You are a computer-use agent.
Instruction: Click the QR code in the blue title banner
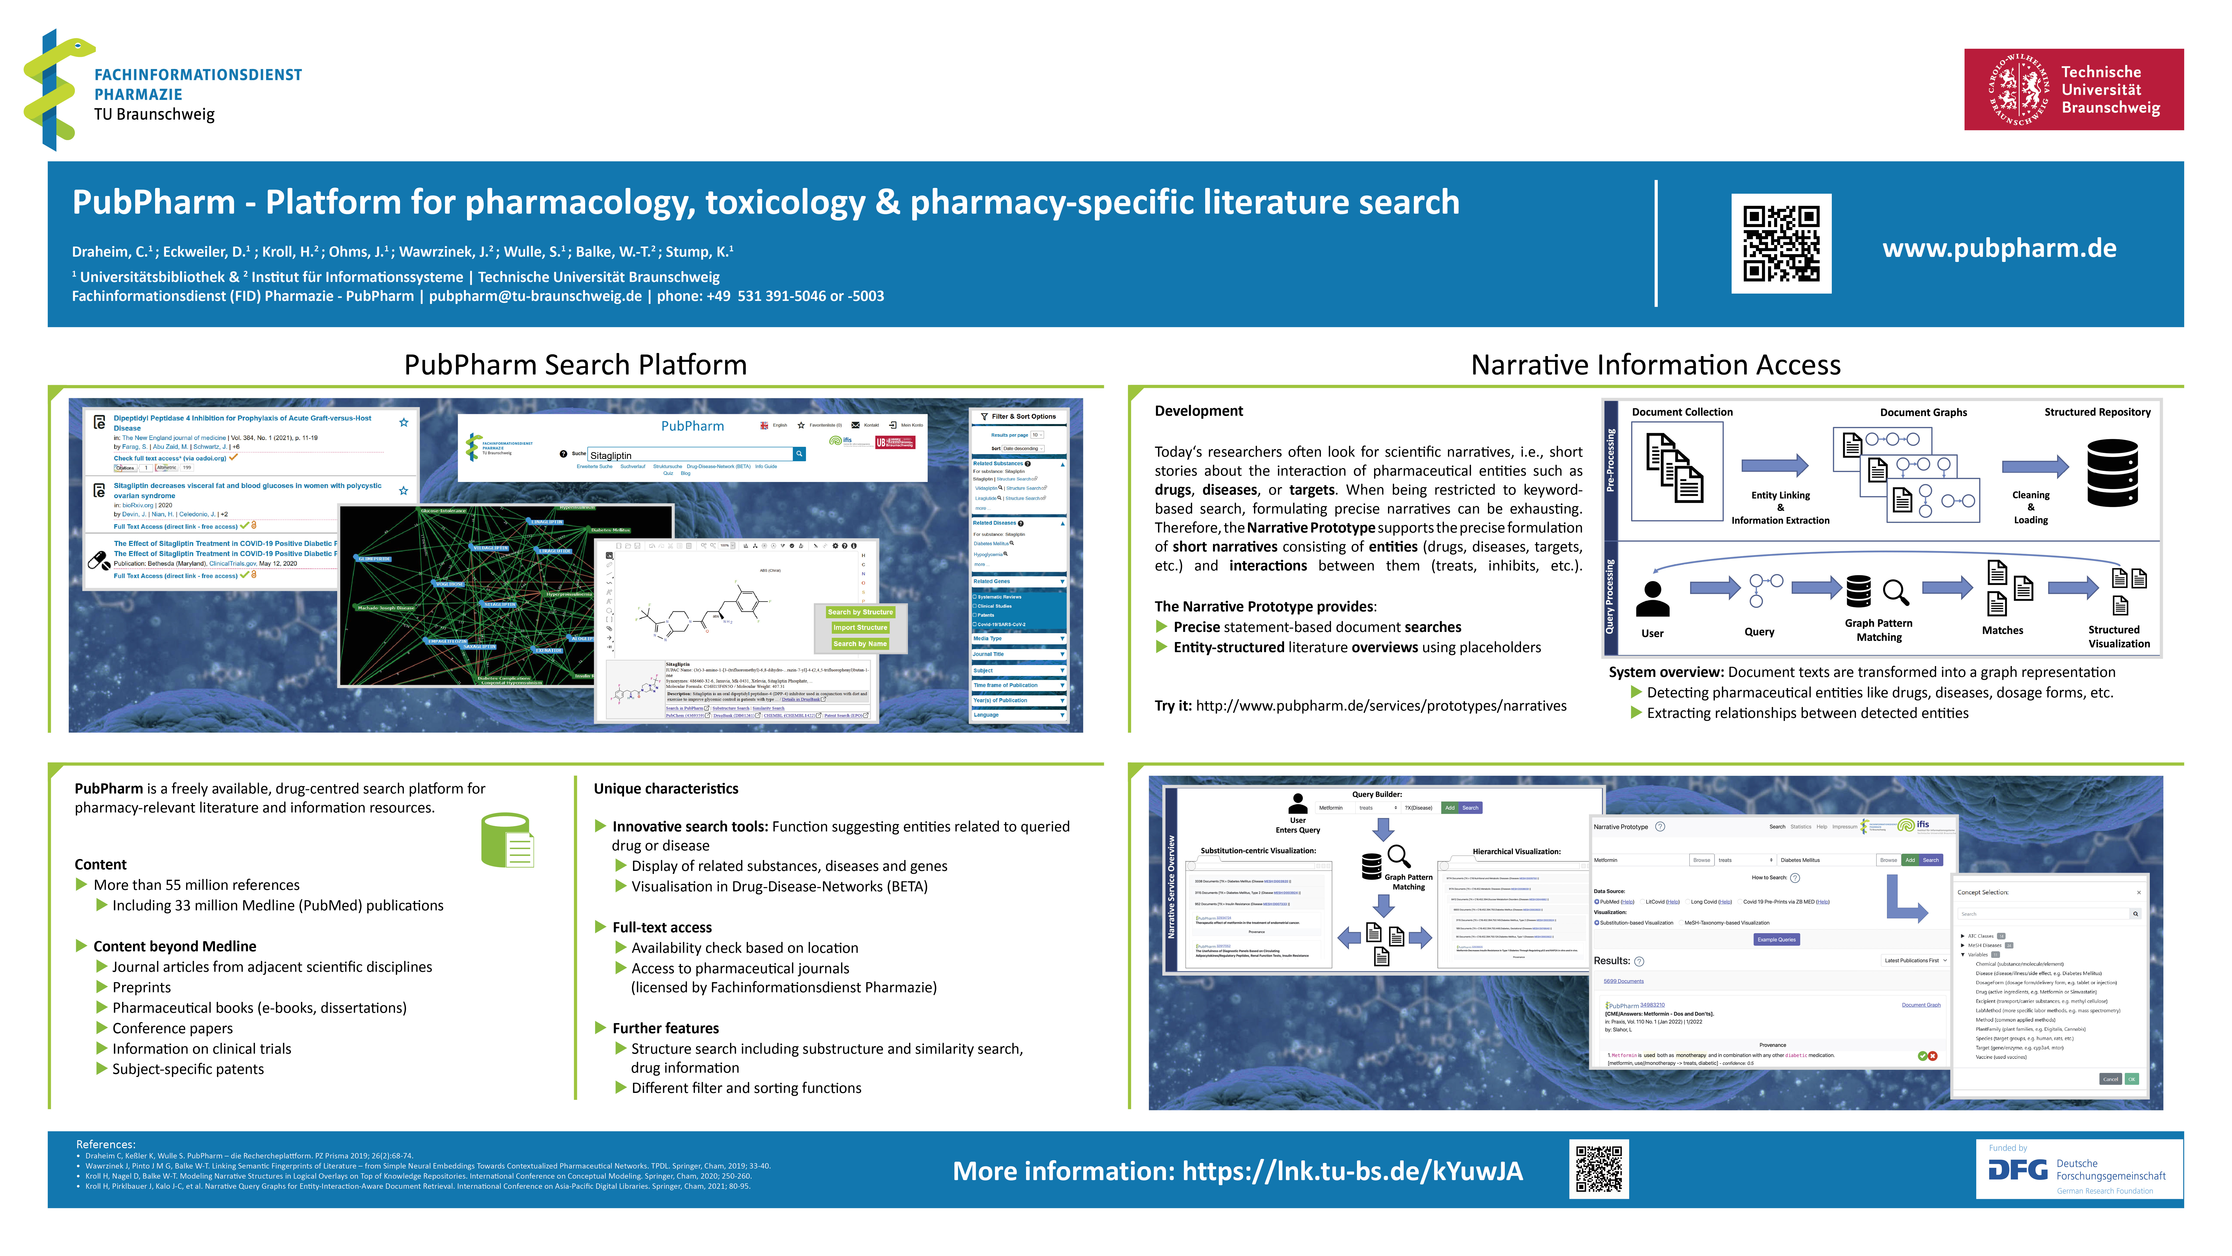(1781, 244)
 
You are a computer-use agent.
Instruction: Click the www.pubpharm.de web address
(1999, 249)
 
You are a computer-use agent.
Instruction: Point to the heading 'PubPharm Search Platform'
(575, 365)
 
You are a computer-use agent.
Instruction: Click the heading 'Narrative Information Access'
(1655, 365)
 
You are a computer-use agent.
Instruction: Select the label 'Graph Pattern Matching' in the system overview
(1879, 630)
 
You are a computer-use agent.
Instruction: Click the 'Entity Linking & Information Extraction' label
(1780, 508)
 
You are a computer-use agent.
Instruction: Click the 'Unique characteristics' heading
(665, 788)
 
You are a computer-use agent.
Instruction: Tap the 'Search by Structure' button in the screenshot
(860, 611)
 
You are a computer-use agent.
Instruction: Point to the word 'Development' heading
(1198, 411)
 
